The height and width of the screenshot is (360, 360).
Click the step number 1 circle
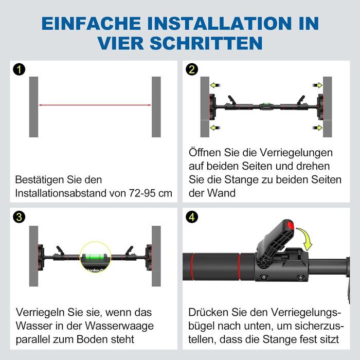click(19, 69)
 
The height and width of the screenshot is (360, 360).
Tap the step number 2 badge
click(192, 69)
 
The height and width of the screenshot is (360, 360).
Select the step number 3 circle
click(19, 217)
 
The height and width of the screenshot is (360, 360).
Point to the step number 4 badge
click(192, 217)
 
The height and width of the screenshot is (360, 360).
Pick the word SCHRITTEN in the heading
click(206, 43)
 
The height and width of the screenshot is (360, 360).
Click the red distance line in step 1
click(95, 105)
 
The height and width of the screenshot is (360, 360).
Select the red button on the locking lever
click(291, 225)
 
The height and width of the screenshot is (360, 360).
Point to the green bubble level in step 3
click(95, 256)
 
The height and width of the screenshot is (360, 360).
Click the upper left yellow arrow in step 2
click(215, 85)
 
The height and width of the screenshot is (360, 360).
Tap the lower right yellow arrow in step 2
click(317, 128)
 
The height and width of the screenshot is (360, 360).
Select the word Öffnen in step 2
click(205, 152)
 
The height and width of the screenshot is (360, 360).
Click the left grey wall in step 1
click(33, 107)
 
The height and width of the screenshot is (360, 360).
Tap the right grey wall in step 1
click(156, 107)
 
